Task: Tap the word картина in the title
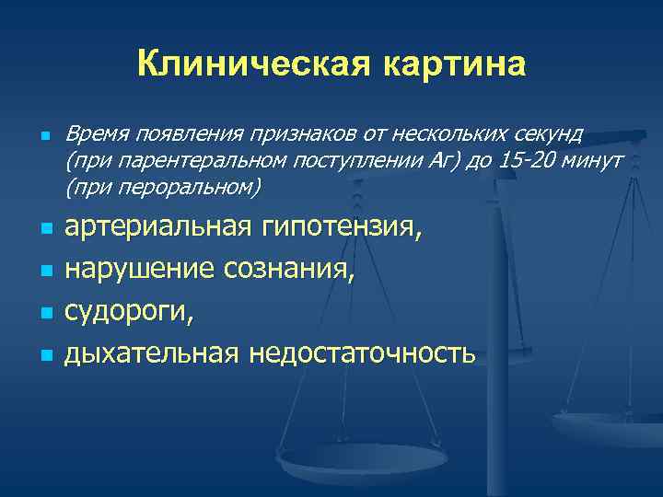pos(451,64)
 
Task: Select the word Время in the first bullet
pos(98,136)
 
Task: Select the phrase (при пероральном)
pos(163,188)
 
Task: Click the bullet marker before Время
pos(43,137)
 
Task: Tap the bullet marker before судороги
pos(43,313)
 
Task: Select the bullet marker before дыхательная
pos(43,353)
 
